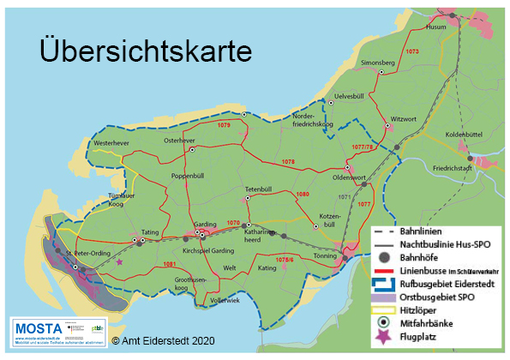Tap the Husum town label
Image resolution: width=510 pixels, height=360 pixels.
(438, 27)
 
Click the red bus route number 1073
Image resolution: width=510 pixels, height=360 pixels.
(412, 52)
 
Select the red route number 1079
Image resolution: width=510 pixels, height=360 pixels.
(224, 126)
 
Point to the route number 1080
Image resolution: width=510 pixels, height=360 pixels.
(303, 195)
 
